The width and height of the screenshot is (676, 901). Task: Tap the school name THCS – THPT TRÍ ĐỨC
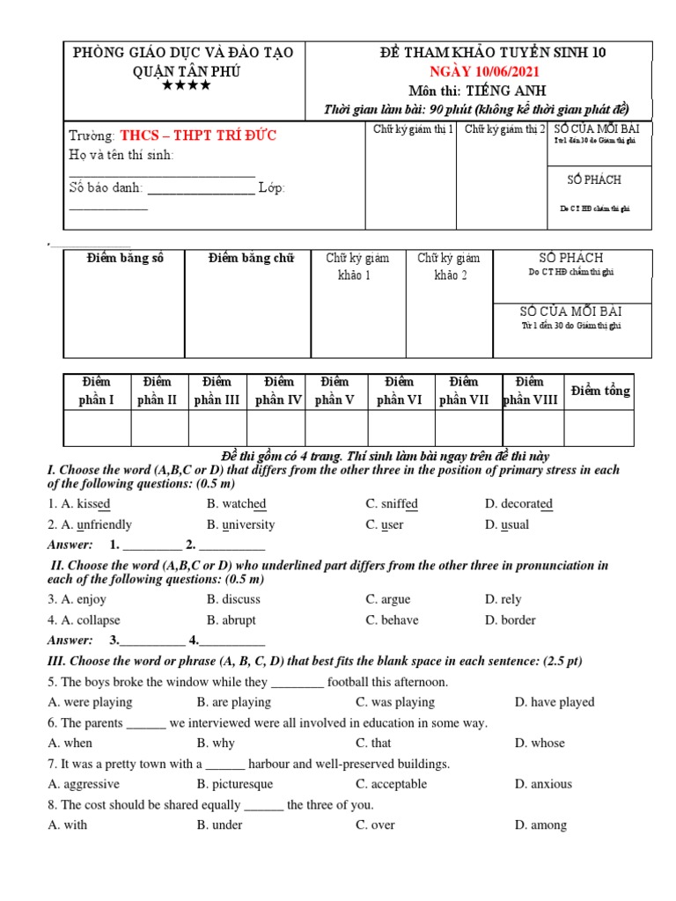click(198, 136)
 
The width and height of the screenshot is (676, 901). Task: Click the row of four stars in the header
click(185, 86)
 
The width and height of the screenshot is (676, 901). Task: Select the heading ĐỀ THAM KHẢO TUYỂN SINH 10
click(479, 53)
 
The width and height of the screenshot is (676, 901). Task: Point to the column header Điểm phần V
click(334, 391)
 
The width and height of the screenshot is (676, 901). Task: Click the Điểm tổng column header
click(599, 391)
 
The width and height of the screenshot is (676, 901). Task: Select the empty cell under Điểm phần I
click(97, 429)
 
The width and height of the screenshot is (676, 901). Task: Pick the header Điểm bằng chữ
click(251, 258)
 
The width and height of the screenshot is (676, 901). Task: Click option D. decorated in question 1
click(518, 504)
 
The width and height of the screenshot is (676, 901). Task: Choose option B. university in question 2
click(240, 525)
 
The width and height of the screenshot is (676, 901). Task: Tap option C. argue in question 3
click(387, 599)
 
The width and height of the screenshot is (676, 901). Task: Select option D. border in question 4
click(510, 620)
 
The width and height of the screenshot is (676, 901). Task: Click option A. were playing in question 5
click(91, 702)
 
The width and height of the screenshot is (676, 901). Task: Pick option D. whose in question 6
click(540, 744)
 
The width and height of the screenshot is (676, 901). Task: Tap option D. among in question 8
click(540, 825)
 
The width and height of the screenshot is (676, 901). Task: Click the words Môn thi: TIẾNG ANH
click(477, 91)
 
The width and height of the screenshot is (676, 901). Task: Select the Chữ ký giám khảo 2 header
click(449, 267)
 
